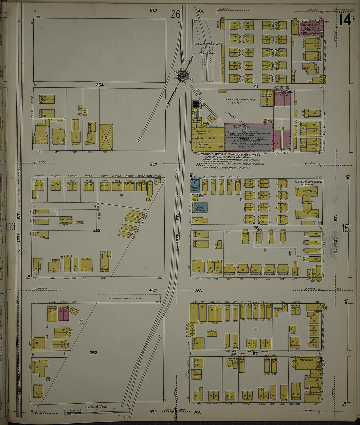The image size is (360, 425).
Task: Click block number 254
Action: (x=99, y=85)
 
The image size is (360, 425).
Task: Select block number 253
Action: (x=97, y=230)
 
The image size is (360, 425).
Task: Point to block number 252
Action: (x=93, y=353)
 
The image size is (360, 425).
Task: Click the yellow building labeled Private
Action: (x=106, y=137)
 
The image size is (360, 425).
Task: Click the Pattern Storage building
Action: (x=267, y=98)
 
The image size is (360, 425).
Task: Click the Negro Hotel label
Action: (x=305, y=360)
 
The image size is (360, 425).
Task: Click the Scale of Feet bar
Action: (x=95, y=412)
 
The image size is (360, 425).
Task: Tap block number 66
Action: (x=256, y=228)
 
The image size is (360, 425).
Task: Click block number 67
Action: (x=255, y=353)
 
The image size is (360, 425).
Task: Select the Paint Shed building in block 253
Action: (x=65, y=220)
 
